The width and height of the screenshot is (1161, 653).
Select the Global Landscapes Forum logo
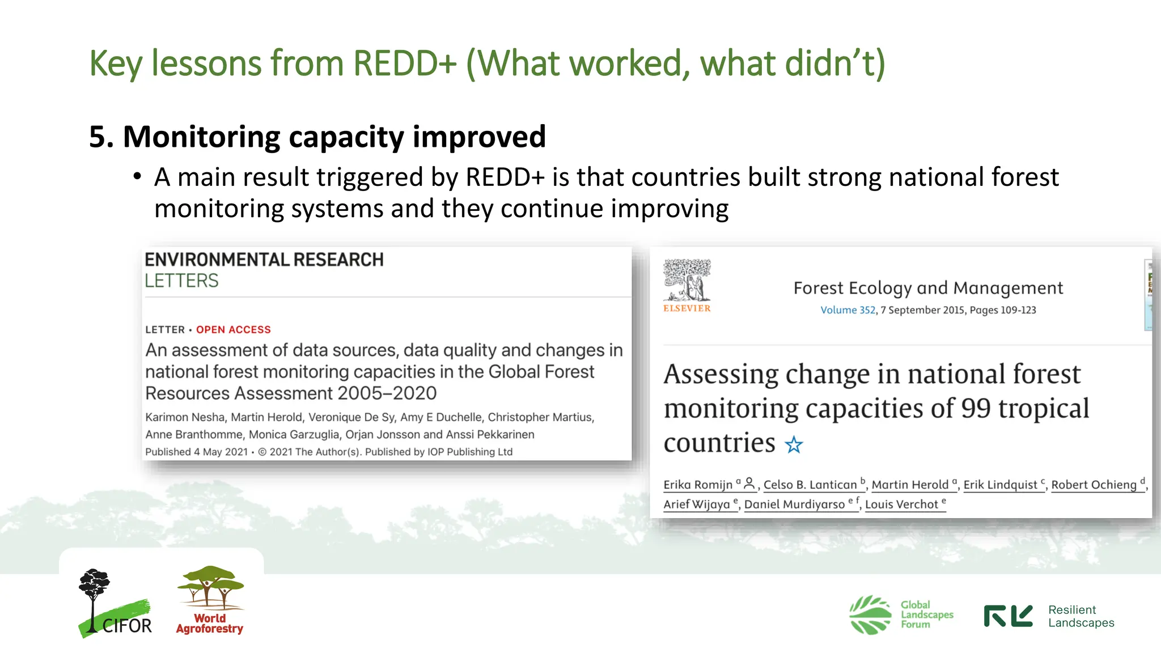[x=901, y=614]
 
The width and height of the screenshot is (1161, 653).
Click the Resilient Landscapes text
[x=1081, y=616]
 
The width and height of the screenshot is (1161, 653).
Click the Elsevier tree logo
[x=687, y=281]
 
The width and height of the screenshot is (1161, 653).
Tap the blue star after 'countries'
[x=794, y=445]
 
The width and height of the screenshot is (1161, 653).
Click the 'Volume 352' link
[x=848, y=310]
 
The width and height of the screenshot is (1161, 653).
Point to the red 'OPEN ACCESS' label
[x=233, y=330]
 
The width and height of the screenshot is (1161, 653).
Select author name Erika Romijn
[x=698, y=485]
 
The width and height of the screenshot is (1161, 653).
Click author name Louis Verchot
[x=901, y=504]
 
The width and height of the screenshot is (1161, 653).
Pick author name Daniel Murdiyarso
[x=794, y=504]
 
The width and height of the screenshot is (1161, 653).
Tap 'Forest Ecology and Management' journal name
[x=928, y=288]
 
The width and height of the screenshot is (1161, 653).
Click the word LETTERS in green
[x=181, y=281]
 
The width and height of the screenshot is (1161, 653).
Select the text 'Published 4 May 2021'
[x=196, y=452]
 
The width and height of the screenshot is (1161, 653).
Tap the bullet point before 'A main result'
[x=137, y=177]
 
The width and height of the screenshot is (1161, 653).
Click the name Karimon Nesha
[x=185, y=417]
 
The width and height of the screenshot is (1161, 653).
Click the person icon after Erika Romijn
[x=749, y=484]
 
